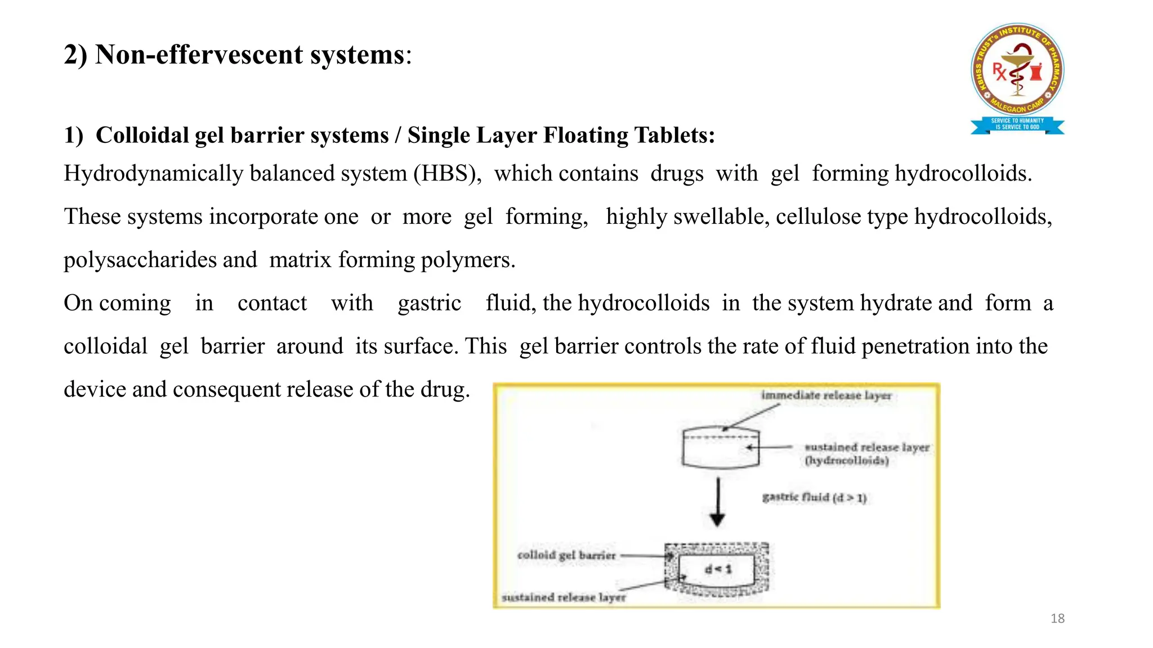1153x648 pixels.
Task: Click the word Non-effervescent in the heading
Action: click(x=199, y=55)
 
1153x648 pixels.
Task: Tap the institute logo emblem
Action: click(x=1017, y=70)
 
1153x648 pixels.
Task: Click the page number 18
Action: click(x=1057, y=619)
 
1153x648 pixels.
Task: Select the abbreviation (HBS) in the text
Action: click(x=447, y=174)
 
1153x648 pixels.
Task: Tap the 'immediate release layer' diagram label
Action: click(x=826, y=395)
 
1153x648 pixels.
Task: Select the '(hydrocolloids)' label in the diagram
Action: click(x=846, y=461)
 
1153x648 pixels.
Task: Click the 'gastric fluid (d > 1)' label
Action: click(x=814, y=497)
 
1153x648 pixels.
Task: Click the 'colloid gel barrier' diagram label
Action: click(x=566, y=555)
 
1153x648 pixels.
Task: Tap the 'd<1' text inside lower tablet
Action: click(x=718, y=569)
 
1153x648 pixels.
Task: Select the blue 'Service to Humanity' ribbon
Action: click(x=1017, y=124)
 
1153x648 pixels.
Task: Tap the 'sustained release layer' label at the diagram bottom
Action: click(x=563, y=597)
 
